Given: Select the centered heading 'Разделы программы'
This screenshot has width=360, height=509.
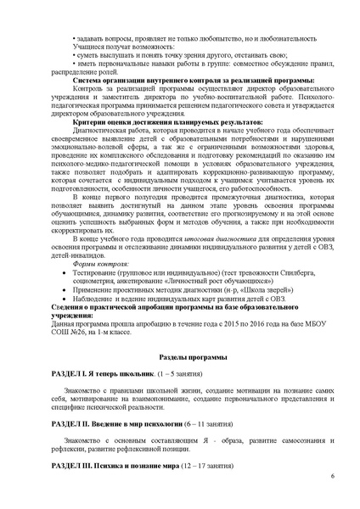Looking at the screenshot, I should [x=180, y=360].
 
